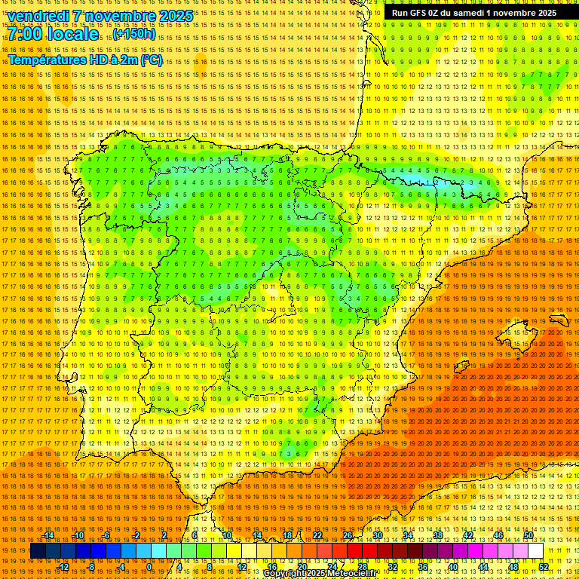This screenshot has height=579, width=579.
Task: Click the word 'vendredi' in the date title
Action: (x=39, y=16)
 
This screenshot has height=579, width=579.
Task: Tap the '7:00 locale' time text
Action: (x=54, y=34)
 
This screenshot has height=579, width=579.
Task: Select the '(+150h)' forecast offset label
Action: (x=135, y=34)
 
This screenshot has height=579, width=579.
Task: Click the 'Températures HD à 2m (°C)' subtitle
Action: (x=85, y=60)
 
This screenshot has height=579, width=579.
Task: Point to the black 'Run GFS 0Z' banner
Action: (x=474, y=13)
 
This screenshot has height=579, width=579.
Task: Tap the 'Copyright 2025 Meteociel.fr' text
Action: (x=320, y=573)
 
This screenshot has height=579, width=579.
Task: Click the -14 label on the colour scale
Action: (x=48, y=535)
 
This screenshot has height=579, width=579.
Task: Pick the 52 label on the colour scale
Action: (x=544, y=567)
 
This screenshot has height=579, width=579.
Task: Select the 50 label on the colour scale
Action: (x=528, y=535)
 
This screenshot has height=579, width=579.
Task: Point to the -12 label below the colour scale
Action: (x=63, y=567)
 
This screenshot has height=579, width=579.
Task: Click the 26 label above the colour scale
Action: (x=348, y=535)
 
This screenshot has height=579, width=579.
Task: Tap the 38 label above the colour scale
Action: (x=438, y=535)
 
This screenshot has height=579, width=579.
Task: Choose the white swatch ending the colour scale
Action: (x=536, y=551)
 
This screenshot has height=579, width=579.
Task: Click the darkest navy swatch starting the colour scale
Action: (x=38, y=551)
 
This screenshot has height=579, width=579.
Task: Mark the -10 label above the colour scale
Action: (x=78, y=535)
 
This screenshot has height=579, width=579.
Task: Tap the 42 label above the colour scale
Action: (x=468, y=535)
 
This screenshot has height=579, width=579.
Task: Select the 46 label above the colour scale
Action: (x=498, y=535)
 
